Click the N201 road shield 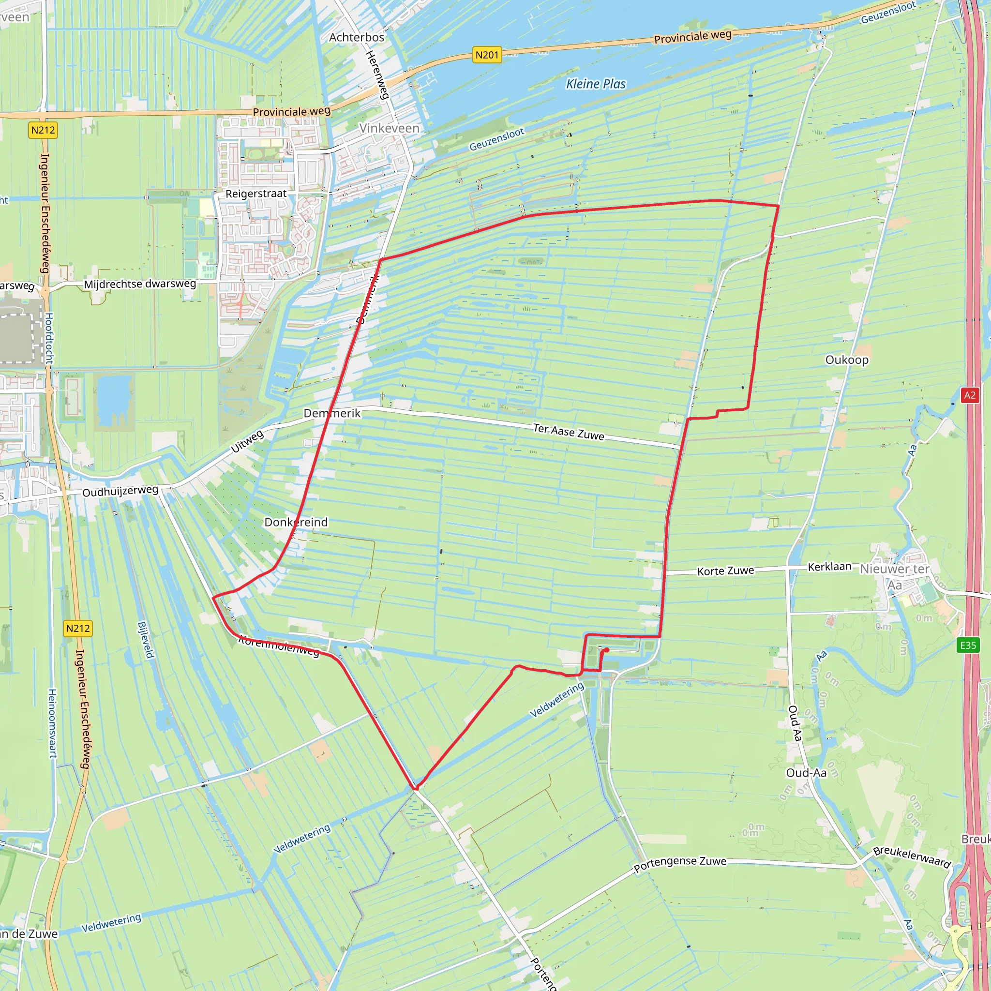click(486, 55)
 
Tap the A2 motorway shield click(969, 395)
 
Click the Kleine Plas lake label click(596, 84)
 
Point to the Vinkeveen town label click(389, 128)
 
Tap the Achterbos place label click(357, 37)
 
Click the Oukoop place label click(847, 360)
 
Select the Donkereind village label click(296, 522)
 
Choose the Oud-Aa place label click(806, 773)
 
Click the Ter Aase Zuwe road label click(569, 431)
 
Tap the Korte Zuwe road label click(725, 571)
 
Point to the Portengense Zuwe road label click(680, 864)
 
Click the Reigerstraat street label click(256, 194)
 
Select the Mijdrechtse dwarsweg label click(140, 284)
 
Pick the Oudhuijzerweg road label click(120, 491)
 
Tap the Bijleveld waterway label click(146, 640)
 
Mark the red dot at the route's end click(606, 650)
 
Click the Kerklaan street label click(829, 566)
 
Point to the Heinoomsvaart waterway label click(52, 723)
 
